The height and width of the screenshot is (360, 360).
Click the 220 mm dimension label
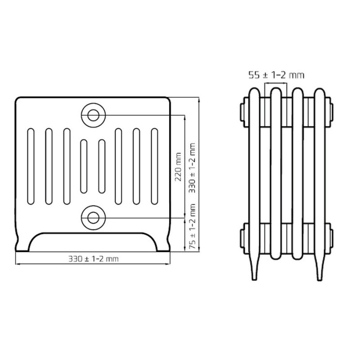(x=178, y=167)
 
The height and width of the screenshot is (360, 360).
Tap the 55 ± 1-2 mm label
(x=276, y=75)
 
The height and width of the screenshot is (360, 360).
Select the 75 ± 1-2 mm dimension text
(x=192, y=226)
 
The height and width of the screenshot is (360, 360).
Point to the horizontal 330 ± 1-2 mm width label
(x=94, y=259)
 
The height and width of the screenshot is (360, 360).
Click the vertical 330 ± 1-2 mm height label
(x=192, y=168)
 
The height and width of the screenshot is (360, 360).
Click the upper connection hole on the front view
(x=93, y=115)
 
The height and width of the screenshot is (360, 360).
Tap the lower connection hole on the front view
(x=93, y=218)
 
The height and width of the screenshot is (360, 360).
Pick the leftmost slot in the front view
(x=31, y=166)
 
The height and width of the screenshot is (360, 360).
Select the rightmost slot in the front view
(x=154, y=166)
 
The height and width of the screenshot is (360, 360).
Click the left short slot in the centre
(x=84, y=166)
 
